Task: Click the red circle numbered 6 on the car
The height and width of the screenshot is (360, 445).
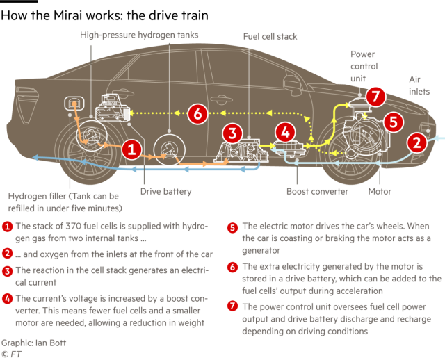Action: [x=197, y=113]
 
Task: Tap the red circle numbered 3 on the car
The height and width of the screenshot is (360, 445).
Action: [x=233, y=133]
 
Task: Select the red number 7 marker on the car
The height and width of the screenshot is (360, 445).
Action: [x=375, y=97]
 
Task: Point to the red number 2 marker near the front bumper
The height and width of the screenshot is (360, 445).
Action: [x=417, y=142]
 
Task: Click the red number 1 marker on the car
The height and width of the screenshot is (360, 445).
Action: [x=131, y=149]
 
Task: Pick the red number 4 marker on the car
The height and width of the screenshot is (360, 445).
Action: [x=286, y=132]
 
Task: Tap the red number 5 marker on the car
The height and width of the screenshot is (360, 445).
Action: [x=394, y=122]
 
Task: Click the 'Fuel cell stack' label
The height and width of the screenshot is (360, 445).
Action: [x=270, y=37]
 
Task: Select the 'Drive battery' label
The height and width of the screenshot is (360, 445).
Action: [x=166, y=192]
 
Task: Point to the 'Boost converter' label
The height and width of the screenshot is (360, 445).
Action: [x=317, y=192]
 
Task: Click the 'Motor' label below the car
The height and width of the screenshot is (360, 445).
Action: [x=380, y=192]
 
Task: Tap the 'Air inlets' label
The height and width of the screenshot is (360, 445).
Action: [x=419, y=85]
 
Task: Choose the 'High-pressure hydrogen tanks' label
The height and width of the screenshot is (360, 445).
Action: [x=139, y=35]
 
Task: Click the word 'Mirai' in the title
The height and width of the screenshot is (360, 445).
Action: [x=68, y=15]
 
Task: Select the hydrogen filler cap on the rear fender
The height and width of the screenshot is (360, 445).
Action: [x=74, y=104]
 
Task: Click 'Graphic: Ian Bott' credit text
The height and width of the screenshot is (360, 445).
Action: [x=33, y=343]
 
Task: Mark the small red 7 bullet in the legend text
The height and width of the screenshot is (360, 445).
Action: [x=232, y=306]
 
